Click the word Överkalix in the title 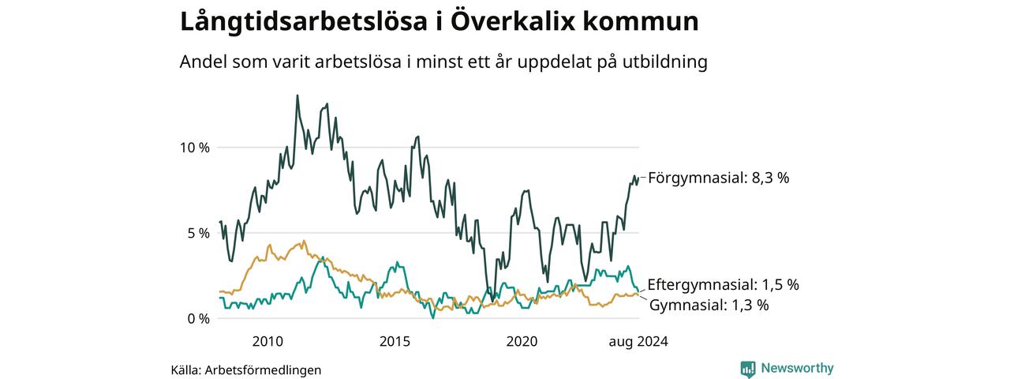tap(513, 21)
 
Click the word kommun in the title tap(641, 22)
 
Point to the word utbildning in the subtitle tap(664, 62)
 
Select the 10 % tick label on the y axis tap(195, 148)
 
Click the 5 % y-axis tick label tap(198, 233)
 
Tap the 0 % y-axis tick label tap(198, 319)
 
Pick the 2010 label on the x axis tap(267, 342)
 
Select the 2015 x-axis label tap(395, 342)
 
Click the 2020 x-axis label tap(522, 342)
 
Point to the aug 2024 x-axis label tap(638, 342)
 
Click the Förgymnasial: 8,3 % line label tap(719, 178)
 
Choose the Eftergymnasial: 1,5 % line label tap(724, 285)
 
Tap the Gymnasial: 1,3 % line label tap(709, 306)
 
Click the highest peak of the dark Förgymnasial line tap(297, 96)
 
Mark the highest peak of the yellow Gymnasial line tap(304, 241)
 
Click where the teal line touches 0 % tap(433, 318)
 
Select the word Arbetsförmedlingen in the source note tap(263, 370)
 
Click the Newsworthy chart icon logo tap(748, 369)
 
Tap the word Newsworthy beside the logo tap(797, 368)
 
